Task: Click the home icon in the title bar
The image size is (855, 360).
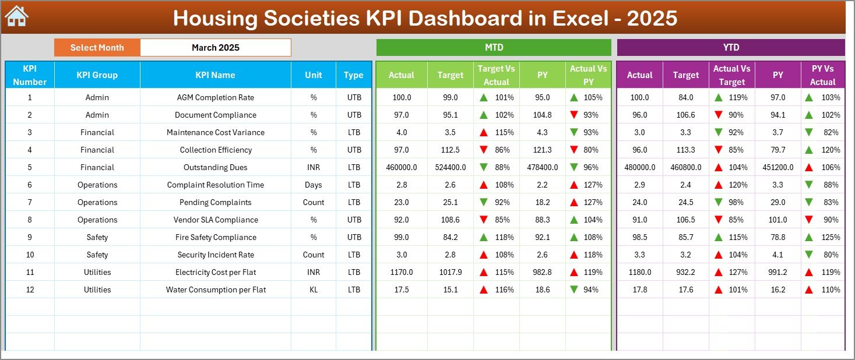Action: [16, 17]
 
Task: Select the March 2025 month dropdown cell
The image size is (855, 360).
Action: [215, 48]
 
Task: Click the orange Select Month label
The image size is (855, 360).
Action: [97, 48]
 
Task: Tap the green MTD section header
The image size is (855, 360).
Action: [494, 48]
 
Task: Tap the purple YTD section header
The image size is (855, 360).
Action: [730, 48]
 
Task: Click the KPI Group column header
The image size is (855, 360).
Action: [97, 75]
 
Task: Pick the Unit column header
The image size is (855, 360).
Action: [314, 75]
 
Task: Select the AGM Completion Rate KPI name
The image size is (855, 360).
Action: [215, 98]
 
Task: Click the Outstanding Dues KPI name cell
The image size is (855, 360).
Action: [215, 168]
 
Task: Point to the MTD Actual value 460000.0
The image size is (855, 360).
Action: [401, 168]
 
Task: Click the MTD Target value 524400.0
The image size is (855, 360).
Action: [450, 168]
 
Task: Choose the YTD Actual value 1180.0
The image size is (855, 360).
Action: [639, 273]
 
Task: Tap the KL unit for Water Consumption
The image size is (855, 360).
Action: [314, 290]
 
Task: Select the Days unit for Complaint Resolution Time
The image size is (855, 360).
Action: [314, 185]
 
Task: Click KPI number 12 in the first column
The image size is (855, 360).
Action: [30, 290]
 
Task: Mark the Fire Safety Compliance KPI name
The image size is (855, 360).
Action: [215, 238]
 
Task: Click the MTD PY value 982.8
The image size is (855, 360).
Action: [542, 273]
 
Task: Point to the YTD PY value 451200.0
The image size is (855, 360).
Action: [777, 168]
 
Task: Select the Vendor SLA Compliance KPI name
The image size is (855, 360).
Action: [215, 220]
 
